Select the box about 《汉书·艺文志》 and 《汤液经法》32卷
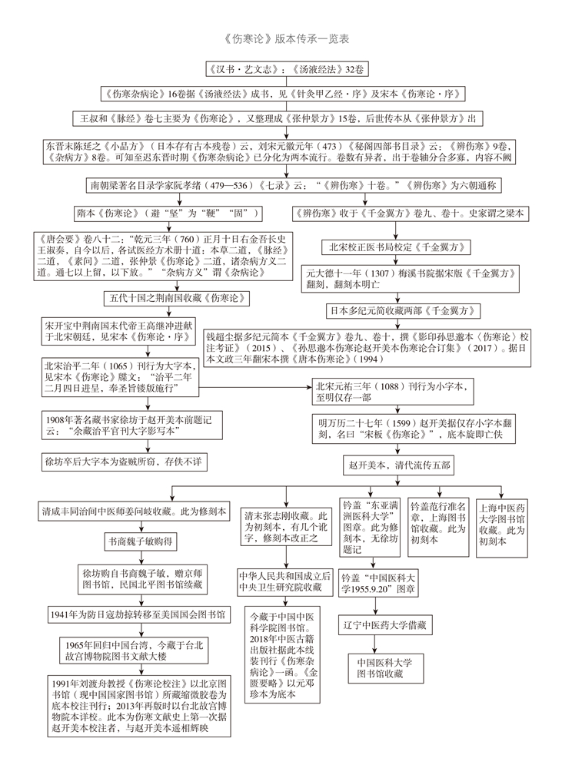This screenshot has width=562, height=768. click(281, 69)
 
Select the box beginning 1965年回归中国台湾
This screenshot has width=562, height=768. click(145, 650)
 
